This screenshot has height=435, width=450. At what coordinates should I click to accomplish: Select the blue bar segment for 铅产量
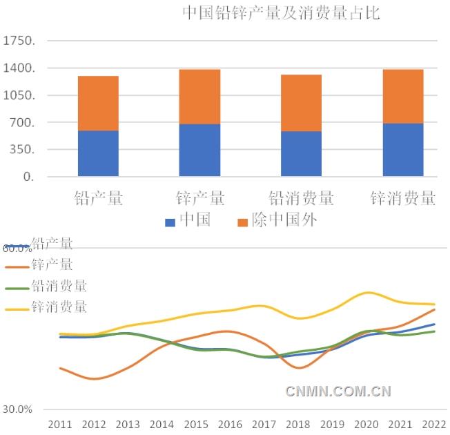98,153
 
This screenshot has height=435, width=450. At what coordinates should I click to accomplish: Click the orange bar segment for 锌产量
199,97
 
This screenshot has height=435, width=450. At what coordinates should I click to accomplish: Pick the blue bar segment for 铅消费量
301,153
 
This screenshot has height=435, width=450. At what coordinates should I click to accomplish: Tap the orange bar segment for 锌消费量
403,96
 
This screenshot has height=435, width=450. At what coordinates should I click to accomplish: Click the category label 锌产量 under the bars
199,198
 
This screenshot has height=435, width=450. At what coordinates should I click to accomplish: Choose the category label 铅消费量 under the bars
301,198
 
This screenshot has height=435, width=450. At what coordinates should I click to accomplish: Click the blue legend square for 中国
170,222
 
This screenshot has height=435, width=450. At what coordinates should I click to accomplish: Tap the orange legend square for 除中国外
243,222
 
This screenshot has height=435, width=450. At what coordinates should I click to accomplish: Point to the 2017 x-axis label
264,423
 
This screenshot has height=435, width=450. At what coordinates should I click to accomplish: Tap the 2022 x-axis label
434,423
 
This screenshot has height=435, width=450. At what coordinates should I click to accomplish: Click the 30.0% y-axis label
17,409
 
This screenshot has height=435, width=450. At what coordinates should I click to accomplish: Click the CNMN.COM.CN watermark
338,391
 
